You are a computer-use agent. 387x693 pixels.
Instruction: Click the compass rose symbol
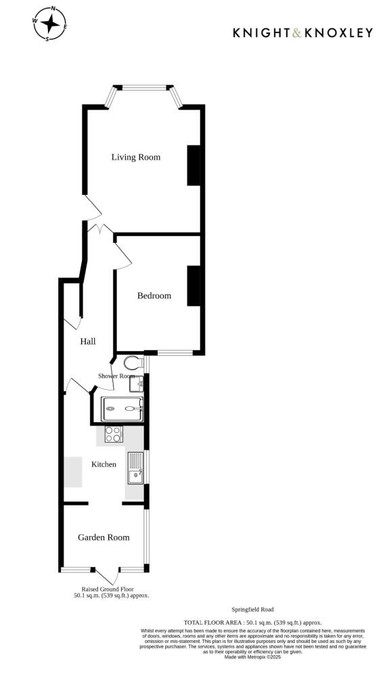pyautogui.click(x=49, y=24)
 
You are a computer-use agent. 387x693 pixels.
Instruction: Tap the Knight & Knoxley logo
pyautogui.click(x=302, y=32)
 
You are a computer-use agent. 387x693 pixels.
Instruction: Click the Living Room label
pyautogui.click(x=136, y=157)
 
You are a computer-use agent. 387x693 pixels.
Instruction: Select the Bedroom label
pyautogui.click(x=154, y=296)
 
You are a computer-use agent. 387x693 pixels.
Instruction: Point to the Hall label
pyautogui.click(x=88, y=342)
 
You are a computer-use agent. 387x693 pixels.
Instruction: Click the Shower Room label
pyautogui.click(x=116, y=376)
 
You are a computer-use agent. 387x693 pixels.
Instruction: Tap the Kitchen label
pyautogui.click(x=104, y=464)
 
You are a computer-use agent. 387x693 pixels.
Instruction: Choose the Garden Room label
pyautogui.click(x=104, y=537)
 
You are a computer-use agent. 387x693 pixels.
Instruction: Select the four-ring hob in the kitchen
pyautogui.click(x=113, y=434)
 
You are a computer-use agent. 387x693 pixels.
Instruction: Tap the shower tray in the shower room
pyautogui.click(x=122, y=409)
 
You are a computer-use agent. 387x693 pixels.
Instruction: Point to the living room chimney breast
pyautogui.click(x=194, y=165)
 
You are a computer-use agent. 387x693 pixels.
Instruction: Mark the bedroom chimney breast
pyautogui.click(x=194, y=286)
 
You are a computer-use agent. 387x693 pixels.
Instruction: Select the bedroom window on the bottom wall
pyautogui.click(x=175, y=352)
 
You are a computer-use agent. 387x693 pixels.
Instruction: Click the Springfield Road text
pyautogui.click(x=252, y=610)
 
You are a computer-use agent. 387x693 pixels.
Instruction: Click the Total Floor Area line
pyautogui.click(x=252, y=622)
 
